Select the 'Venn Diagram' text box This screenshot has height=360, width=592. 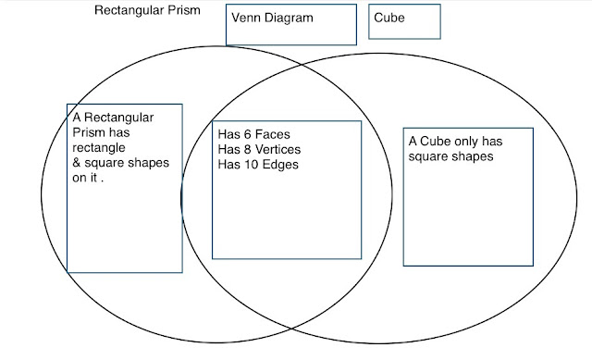click(291, 24)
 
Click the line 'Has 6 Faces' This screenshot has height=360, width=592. click(254, 134)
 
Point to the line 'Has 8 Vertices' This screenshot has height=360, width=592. click(260, 149)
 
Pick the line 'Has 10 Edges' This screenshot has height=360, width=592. click(258, 164)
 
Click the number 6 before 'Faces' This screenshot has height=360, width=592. click(248, 134)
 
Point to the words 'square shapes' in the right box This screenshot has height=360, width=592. click(450, 157)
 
